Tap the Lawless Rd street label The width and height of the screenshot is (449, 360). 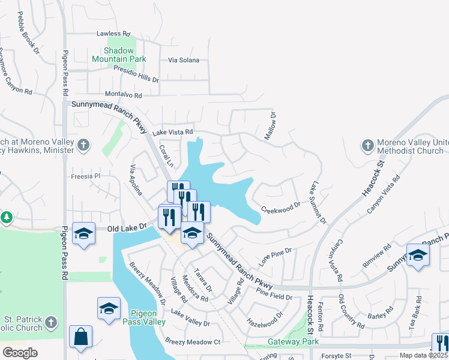(113, 34)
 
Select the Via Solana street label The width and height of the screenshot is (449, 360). (184, 61)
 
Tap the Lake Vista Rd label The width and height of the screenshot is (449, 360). (172, 132)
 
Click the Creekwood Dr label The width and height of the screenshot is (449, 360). (281, 206)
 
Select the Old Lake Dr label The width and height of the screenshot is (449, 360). (127, 227)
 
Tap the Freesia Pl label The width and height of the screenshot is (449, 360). (84, 176)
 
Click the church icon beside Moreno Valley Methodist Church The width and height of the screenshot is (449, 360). (367, 145)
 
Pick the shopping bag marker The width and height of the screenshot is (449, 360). (80, 337)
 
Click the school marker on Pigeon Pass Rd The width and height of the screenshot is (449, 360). (83, 234)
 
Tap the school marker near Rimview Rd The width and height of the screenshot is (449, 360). (418, 255)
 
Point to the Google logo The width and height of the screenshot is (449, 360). (20, 352)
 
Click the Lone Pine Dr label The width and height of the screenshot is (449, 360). (275, 254)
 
